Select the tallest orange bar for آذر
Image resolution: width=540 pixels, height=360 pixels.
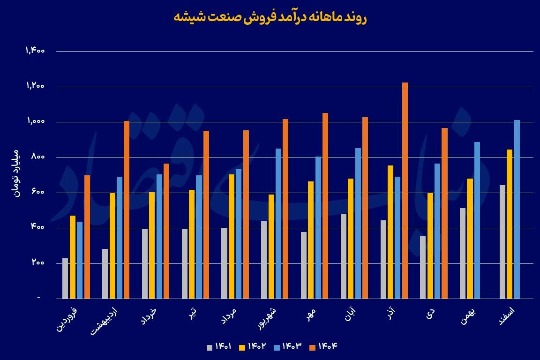coord(405,190)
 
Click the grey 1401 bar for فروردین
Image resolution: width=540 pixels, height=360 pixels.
coord(65,278)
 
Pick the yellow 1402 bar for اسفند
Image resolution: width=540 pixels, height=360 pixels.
coord(510,224)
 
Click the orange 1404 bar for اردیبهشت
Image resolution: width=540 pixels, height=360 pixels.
coord(127,210)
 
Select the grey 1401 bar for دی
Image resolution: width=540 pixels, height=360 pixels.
coord(423,267)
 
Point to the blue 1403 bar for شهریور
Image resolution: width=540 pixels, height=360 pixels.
coord(278,223)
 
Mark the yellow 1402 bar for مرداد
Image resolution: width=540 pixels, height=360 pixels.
coord(231,236)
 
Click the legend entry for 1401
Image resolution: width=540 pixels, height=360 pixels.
coord(220,347)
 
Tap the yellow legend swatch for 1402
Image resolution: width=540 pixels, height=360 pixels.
coord(243,347)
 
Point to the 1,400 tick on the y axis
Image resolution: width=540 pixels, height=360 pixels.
coord(36,51)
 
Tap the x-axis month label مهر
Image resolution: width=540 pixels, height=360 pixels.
coord(312,315)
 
